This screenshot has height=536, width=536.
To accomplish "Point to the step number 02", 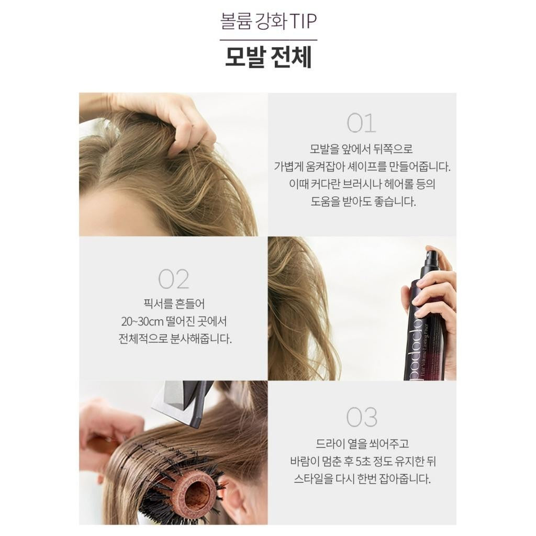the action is tap(174, 279).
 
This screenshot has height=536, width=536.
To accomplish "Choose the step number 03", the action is tap(362, 417).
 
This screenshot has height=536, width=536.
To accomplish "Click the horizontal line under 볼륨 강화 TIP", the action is tap(269, 40).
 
